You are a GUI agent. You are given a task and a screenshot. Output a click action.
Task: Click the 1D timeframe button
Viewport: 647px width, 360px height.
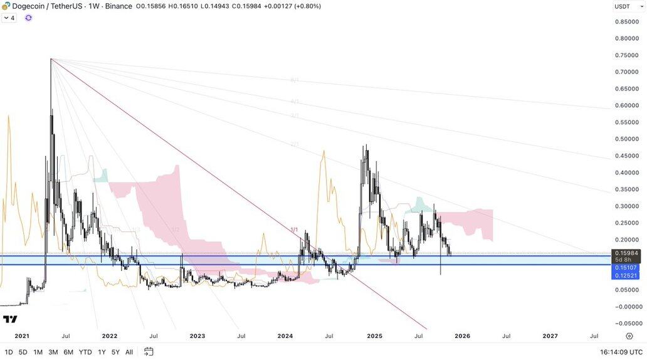click(x=9, y=352)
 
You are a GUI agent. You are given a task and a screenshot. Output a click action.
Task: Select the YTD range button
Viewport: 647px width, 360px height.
click(x=86, y=352)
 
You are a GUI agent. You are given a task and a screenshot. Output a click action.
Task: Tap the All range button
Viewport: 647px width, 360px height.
click(x=129, y=352)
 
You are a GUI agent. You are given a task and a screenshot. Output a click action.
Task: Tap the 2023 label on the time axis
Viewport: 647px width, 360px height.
click(x=197, y=336)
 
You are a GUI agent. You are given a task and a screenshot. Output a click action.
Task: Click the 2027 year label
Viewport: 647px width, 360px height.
click(x=550, y=336)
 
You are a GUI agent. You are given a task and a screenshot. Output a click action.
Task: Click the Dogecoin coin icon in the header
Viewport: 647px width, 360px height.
click(x=5, y=6)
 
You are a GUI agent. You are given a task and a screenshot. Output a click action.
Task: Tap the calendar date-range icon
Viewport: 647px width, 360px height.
click(x=149, y=352)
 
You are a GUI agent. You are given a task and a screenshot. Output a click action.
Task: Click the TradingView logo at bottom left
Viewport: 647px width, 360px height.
click(x=10, y=319)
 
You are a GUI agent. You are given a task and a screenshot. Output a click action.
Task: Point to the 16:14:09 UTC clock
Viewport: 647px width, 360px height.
click(x=621, y=352)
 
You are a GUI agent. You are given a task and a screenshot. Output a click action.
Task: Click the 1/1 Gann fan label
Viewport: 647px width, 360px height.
click(x=294, y=230)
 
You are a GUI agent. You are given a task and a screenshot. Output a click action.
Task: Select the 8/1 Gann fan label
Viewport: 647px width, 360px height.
click(x=295, y=80)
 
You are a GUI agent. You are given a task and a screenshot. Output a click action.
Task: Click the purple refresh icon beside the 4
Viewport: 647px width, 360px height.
click(x=28, y=18)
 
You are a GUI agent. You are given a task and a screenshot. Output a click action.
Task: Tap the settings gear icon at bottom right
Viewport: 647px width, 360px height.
click(x=629, y=336)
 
